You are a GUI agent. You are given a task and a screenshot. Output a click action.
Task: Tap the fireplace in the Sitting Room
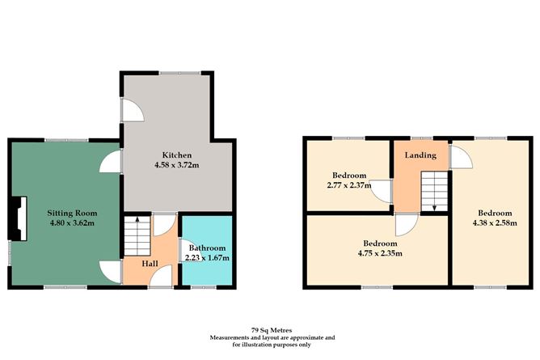pyautogui.click(x=20, y=218)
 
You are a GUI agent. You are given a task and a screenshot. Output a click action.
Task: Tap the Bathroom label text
pyautogui.click(x=208, y=248)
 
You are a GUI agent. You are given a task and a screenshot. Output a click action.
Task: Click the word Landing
pyautogui.click(x=420, y=155)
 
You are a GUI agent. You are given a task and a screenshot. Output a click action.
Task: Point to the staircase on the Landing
pyautogui.click(x=435, y=193)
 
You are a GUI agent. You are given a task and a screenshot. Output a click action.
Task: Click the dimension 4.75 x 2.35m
pyautogui.click(x=379, y=252)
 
